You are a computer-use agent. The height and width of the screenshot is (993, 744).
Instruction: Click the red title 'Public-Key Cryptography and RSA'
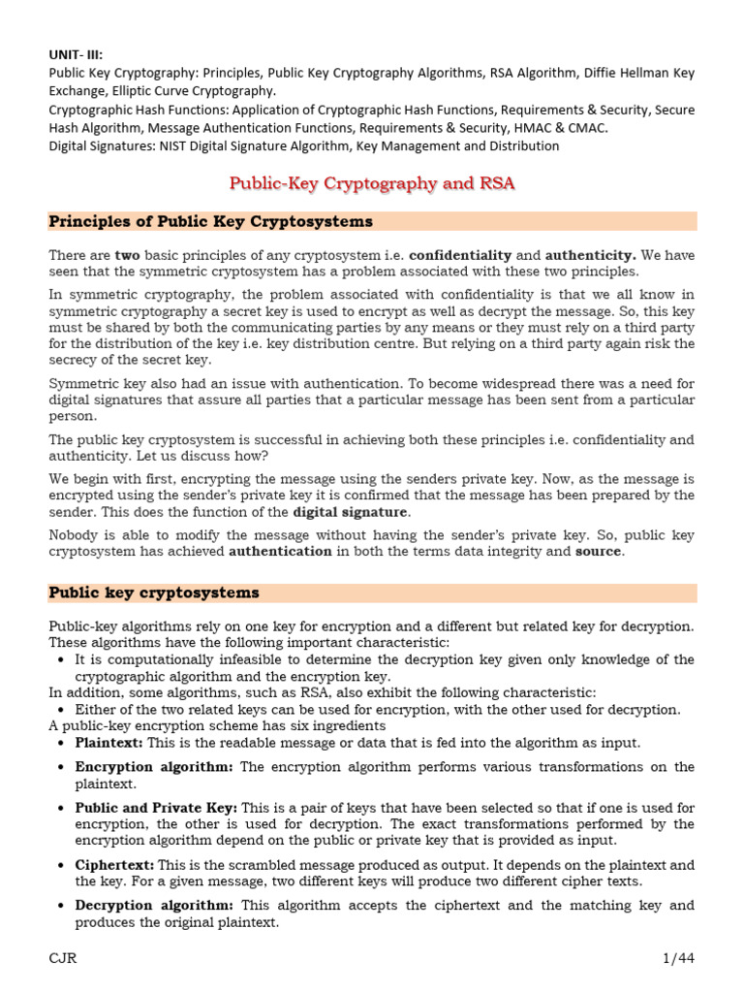tap(372, 183)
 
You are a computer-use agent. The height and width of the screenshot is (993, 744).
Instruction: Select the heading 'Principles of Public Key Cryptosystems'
tap(210, 221)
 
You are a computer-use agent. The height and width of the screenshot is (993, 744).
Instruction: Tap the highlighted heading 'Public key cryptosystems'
tap(154, 592)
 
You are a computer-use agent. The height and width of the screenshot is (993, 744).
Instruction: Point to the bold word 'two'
tap(128, 254)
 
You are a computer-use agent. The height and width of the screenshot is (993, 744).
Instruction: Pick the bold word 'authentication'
tap(280, 551)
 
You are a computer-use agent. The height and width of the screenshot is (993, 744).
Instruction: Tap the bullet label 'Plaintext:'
tap(108, 742)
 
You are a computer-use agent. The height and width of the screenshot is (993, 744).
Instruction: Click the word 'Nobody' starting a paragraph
tap(75, 534)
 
